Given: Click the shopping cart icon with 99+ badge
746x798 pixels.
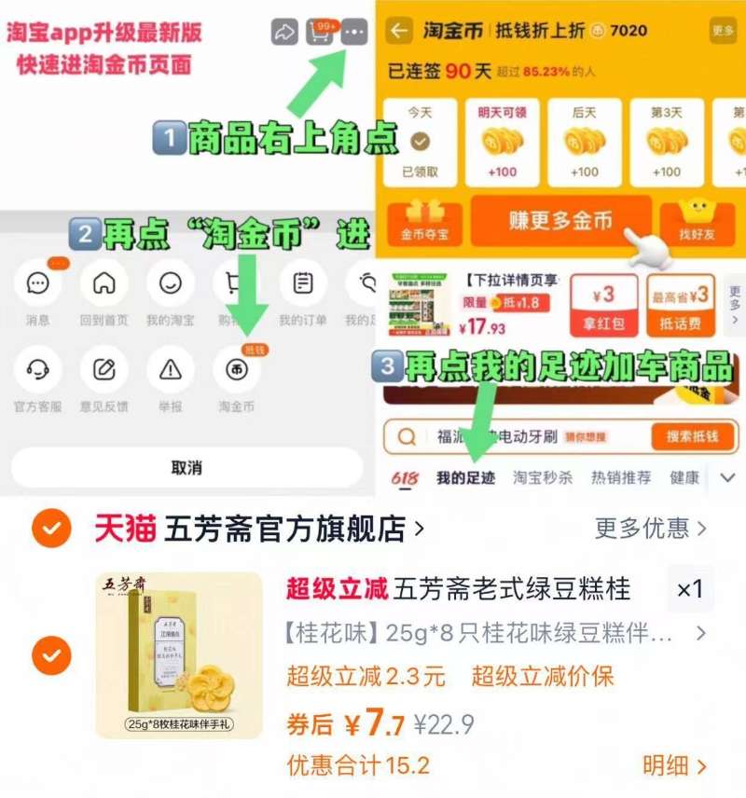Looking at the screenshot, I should (x=320, y=33).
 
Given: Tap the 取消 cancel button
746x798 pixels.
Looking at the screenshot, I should (x=186, y=467).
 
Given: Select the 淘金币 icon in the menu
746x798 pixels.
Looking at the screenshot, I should (x=237, y=369).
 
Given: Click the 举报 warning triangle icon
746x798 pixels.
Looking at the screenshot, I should (x=171, y=369).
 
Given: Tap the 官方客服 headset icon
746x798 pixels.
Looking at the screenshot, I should (x=38, y=369).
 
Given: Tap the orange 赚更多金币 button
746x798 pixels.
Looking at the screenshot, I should (x=560, y=220).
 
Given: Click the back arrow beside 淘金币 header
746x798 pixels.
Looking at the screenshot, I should (x=399, y=31).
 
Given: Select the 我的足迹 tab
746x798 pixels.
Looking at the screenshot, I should (x=465, y=477).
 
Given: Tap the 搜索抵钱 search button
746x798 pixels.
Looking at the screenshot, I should (x=692, y=436).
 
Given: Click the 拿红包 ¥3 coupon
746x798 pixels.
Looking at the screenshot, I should (x=604, y=306).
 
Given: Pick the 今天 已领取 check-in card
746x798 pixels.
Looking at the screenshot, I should (x=420, y=142).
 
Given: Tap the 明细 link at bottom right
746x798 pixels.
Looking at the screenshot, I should (x=674, y=766).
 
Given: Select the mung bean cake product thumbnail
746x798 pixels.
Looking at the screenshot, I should (x=179, y=655).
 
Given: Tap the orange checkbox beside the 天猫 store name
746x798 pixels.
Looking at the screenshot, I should (x=51, y=530).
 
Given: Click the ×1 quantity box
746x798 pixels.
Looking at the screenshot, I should (x=690, y=589).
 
